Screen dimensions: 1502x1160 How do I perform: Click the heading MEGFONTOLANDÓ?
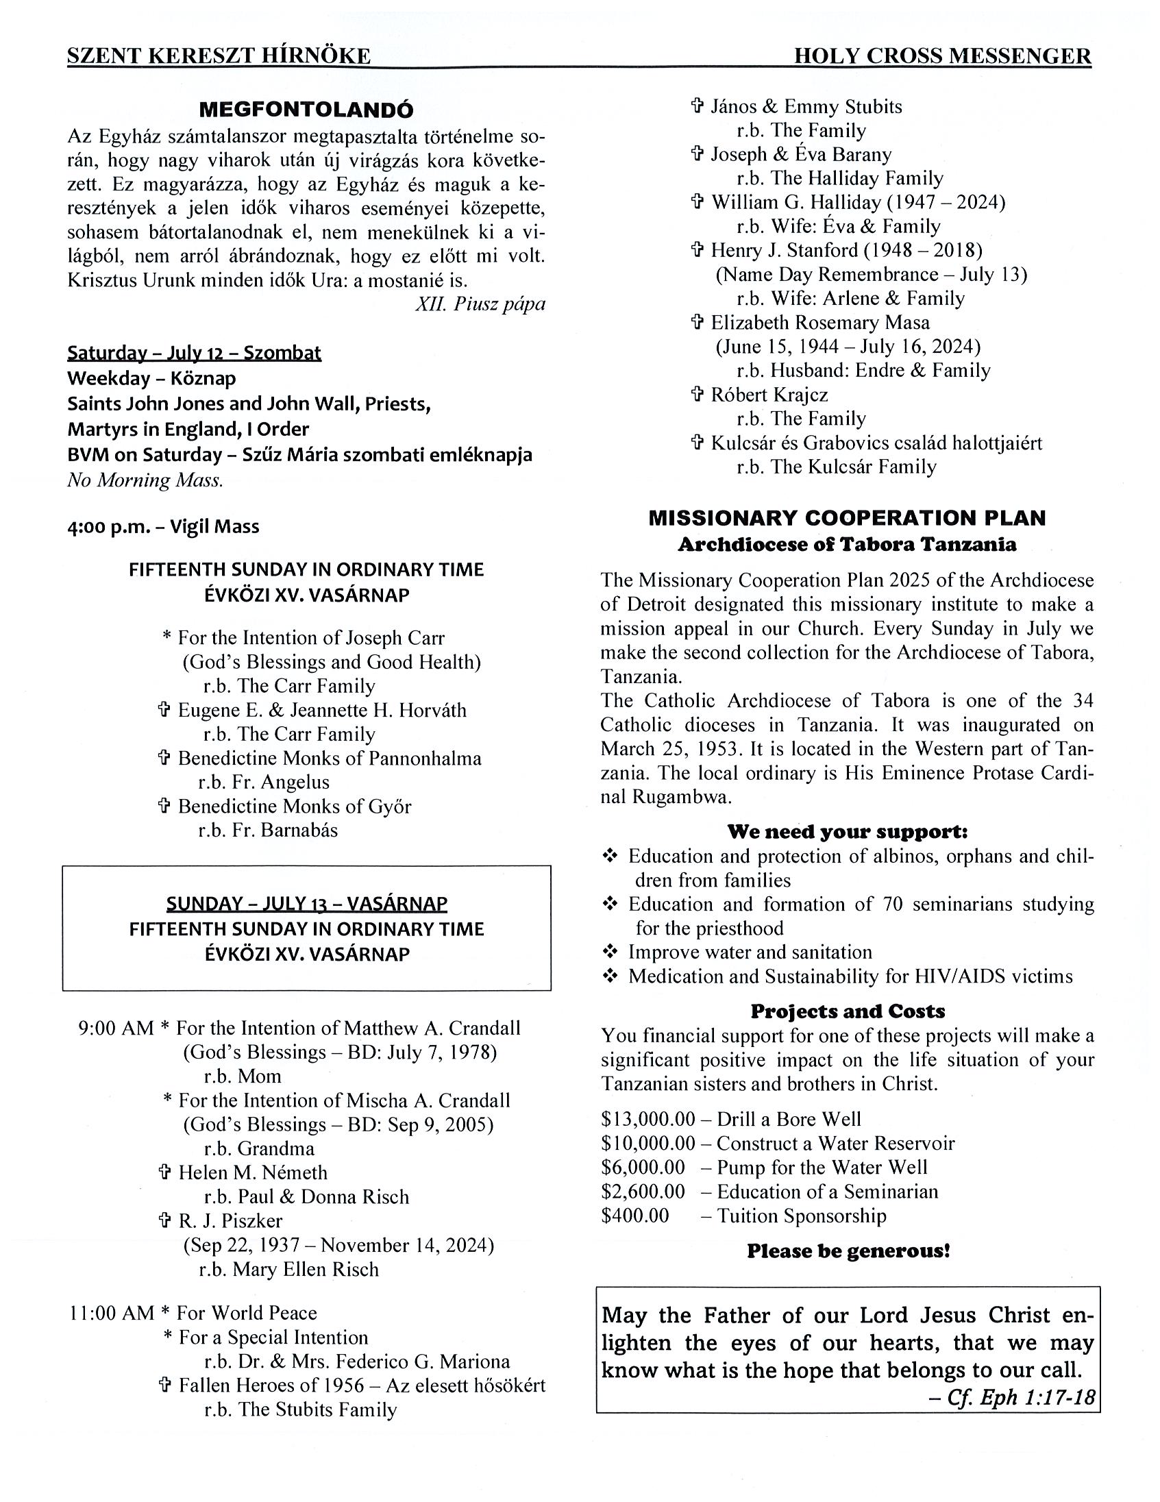point(306,110)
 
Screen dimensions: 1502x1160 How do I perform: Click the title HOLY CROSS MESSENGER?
point(942,56)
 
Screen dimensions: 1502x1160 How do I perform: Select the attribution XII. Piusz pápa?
point(480,304)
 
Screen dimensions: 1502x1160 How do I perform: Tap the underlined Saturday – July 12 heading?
point(194,353)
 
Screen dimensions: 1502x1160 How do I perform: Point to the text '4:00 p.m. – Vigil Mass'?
point(163,527)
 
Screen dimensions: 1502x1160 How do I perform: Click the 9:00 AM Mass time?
point(116,1028)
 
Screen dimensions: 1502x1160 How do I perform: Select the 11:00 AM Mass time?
point(112,1313)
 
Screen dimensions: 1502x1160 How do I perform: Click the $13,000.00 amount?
point(647,1119)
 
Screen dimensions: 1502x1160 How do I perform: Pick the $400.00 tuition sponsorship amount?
point(634,1215)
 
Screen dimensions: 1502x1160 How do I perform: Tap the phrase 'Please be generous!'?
point(848,1251)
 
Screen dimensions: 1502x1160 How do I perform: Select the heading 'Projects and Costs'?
point(847,1011)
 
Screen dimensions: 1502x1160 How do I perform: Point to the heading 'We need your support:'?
point(847,831)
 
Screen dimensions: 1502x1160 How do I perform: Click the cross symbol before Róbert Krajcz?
point(698,395)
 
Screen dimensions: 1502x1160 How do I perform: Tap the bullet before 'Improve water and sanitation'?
point(610,952)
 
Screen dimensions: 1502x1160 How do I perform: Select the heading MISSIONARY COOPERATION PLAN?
point(846,518)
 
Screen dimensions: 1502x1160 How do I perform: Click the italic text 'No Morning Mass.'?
point(145,480)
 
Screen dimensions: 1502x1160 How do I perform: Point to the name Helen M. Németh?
point(252,1172)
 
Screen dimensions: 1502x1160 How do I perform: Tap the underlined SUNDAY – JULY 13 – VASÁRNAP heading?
point(307,903)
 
